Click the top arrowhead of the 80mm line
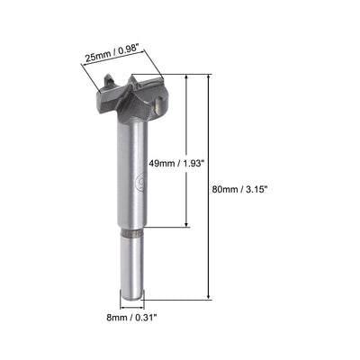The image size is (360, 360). pyautogui.click(x=210, y=78)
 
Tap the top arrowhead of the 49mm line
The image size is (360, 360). pyautogui.click(x=187, y=78)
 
